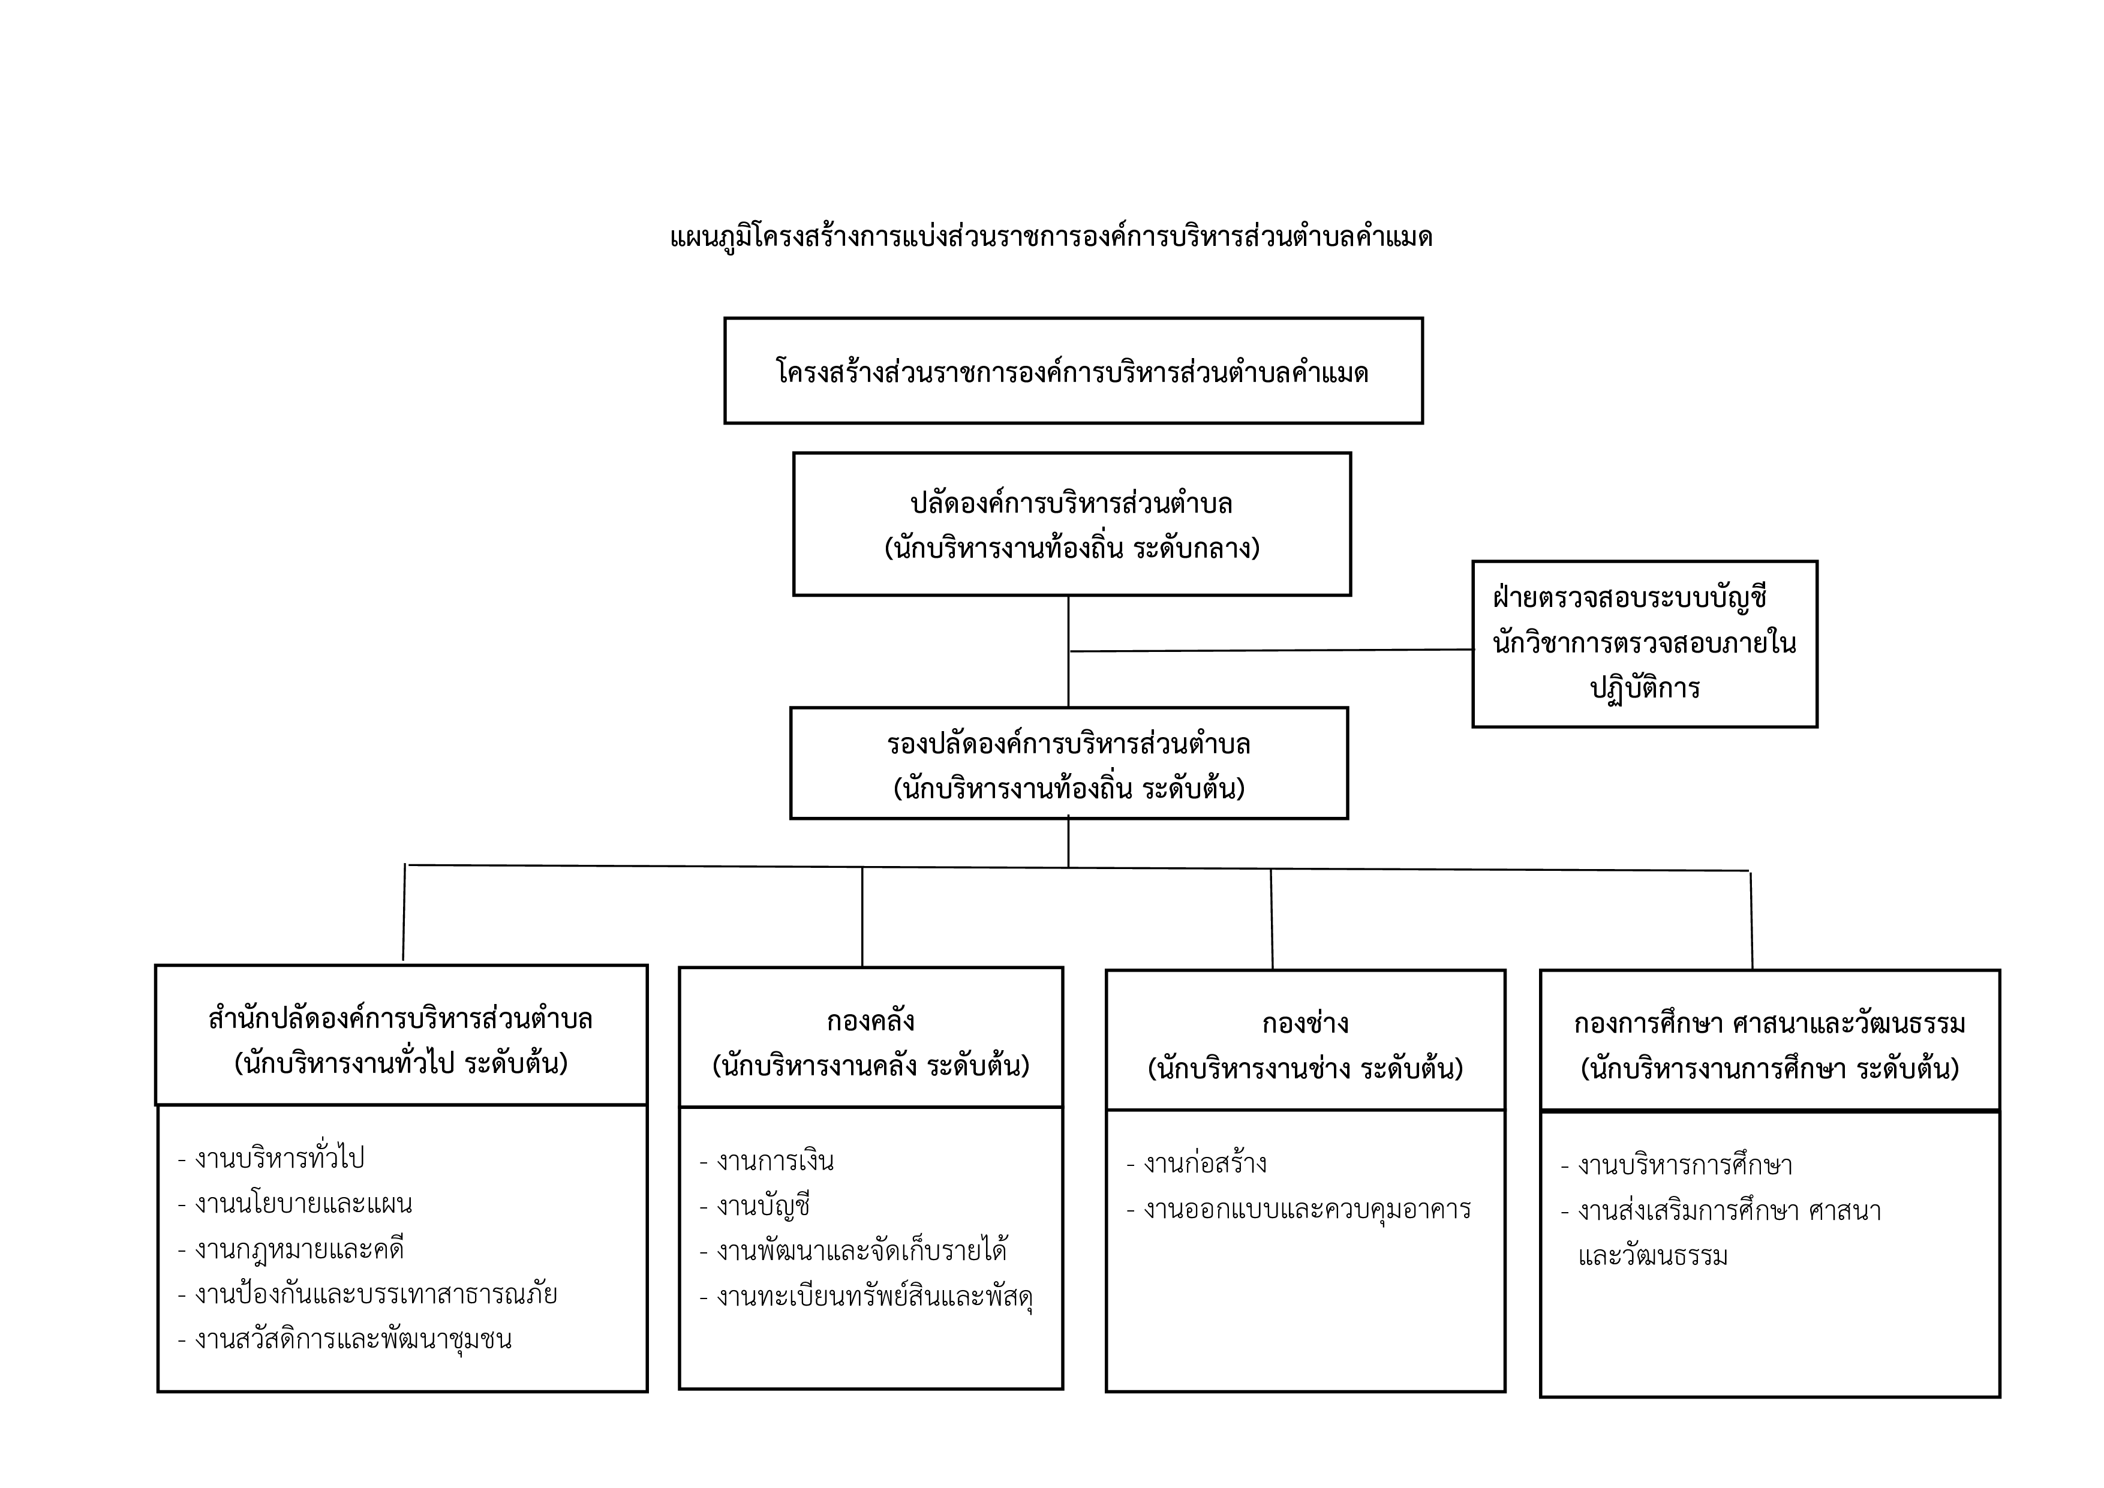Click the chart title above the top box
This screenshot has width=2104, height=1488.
pos(1051,238)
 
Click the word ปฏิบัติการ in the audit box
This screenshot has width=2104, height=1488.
pos(1645,688)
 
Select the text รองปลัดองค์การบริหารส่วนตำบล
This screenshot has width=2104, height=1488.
pos(1069,744)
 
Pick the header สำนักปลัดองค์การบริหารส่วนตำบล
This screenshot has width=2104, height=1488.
pos(401,1019)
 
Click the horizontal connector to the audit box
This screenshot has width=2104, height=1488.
pos(1271,651)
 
